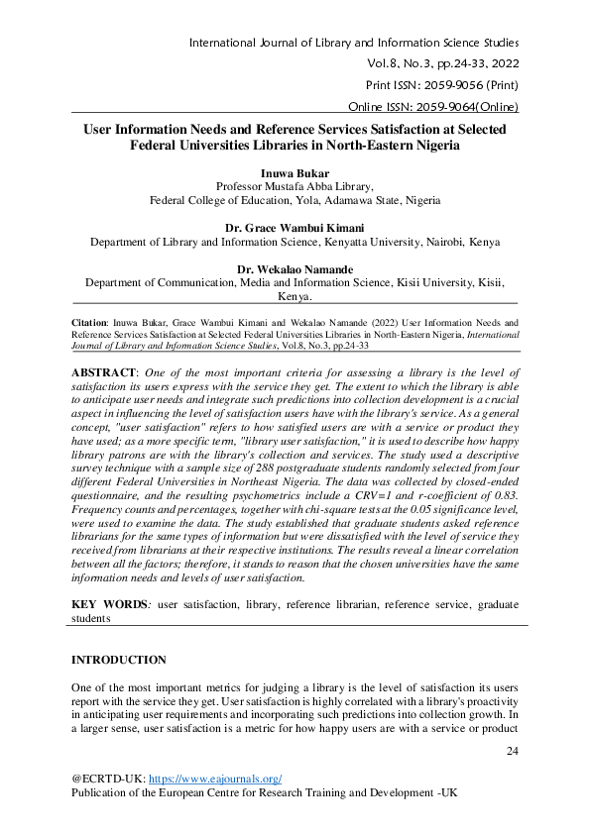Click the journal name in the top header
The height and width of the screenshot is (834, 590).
pos(353,43)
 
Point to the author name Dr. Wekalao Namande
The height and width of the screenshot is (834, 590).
pos(295,268)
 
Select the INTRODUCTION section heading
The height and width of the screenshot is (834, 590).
pos(119,660)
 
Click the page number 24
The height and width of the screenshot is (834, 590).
pos(512,752)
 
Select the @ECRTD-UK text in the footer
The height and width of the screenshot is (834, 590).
pos(106,780)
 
